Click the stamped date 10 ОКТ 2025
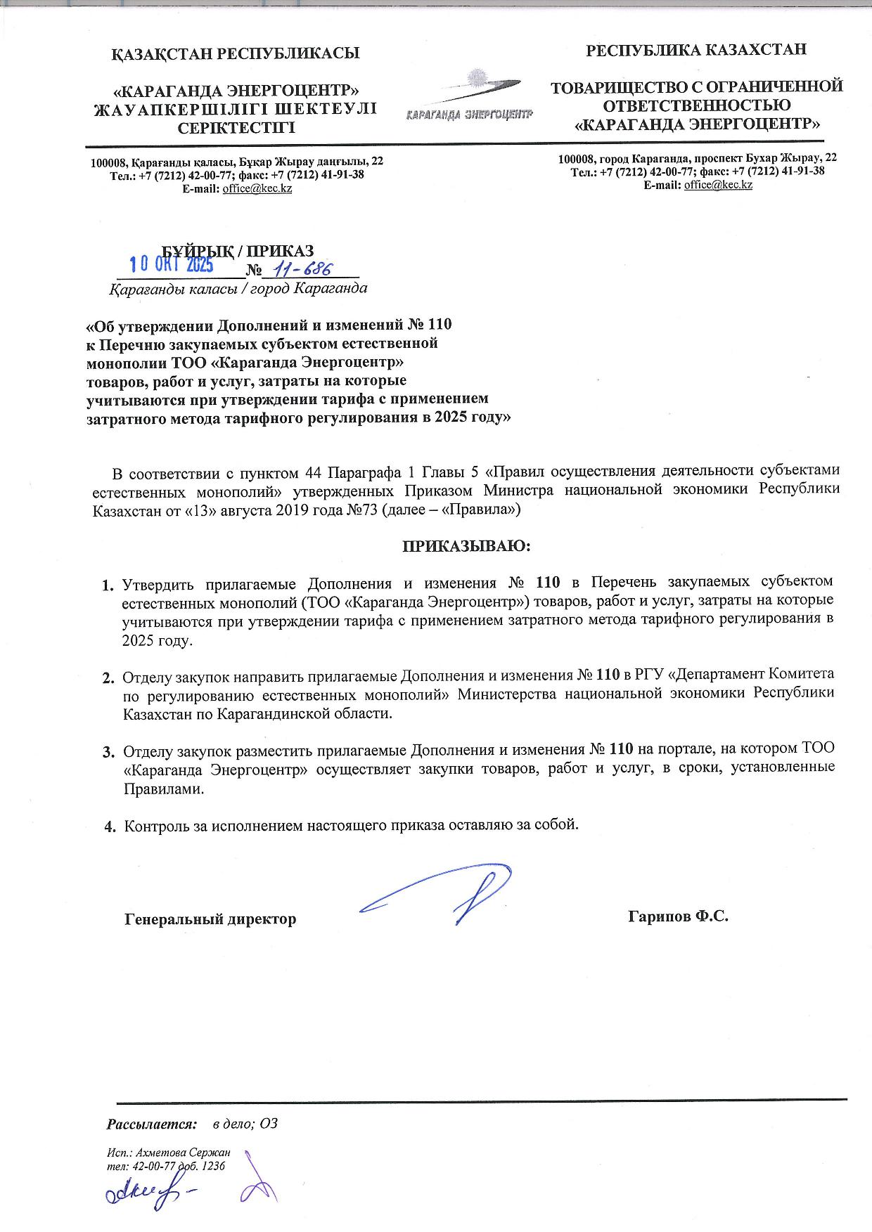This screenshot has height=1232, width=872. [173, 264]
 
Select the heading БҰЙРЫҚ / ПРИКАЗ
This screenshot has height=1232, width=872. [238, 251]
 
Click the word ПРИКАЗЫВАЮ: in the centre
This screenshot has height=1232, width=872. [465, 545]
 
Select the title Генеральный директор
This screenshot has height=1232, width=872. [210, 919]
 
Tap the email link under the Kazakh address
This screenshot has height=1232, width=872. [257, 188]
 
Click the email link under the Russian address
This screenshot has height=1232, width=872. [718, 185]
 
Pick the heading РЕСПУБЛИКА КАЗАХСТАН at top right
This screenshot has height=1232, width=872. [696, 50]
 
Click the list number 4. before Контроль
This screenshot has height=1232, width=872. [110, 826]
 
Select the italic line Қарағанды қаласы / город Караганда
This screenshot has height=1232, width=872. [238, 288]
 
